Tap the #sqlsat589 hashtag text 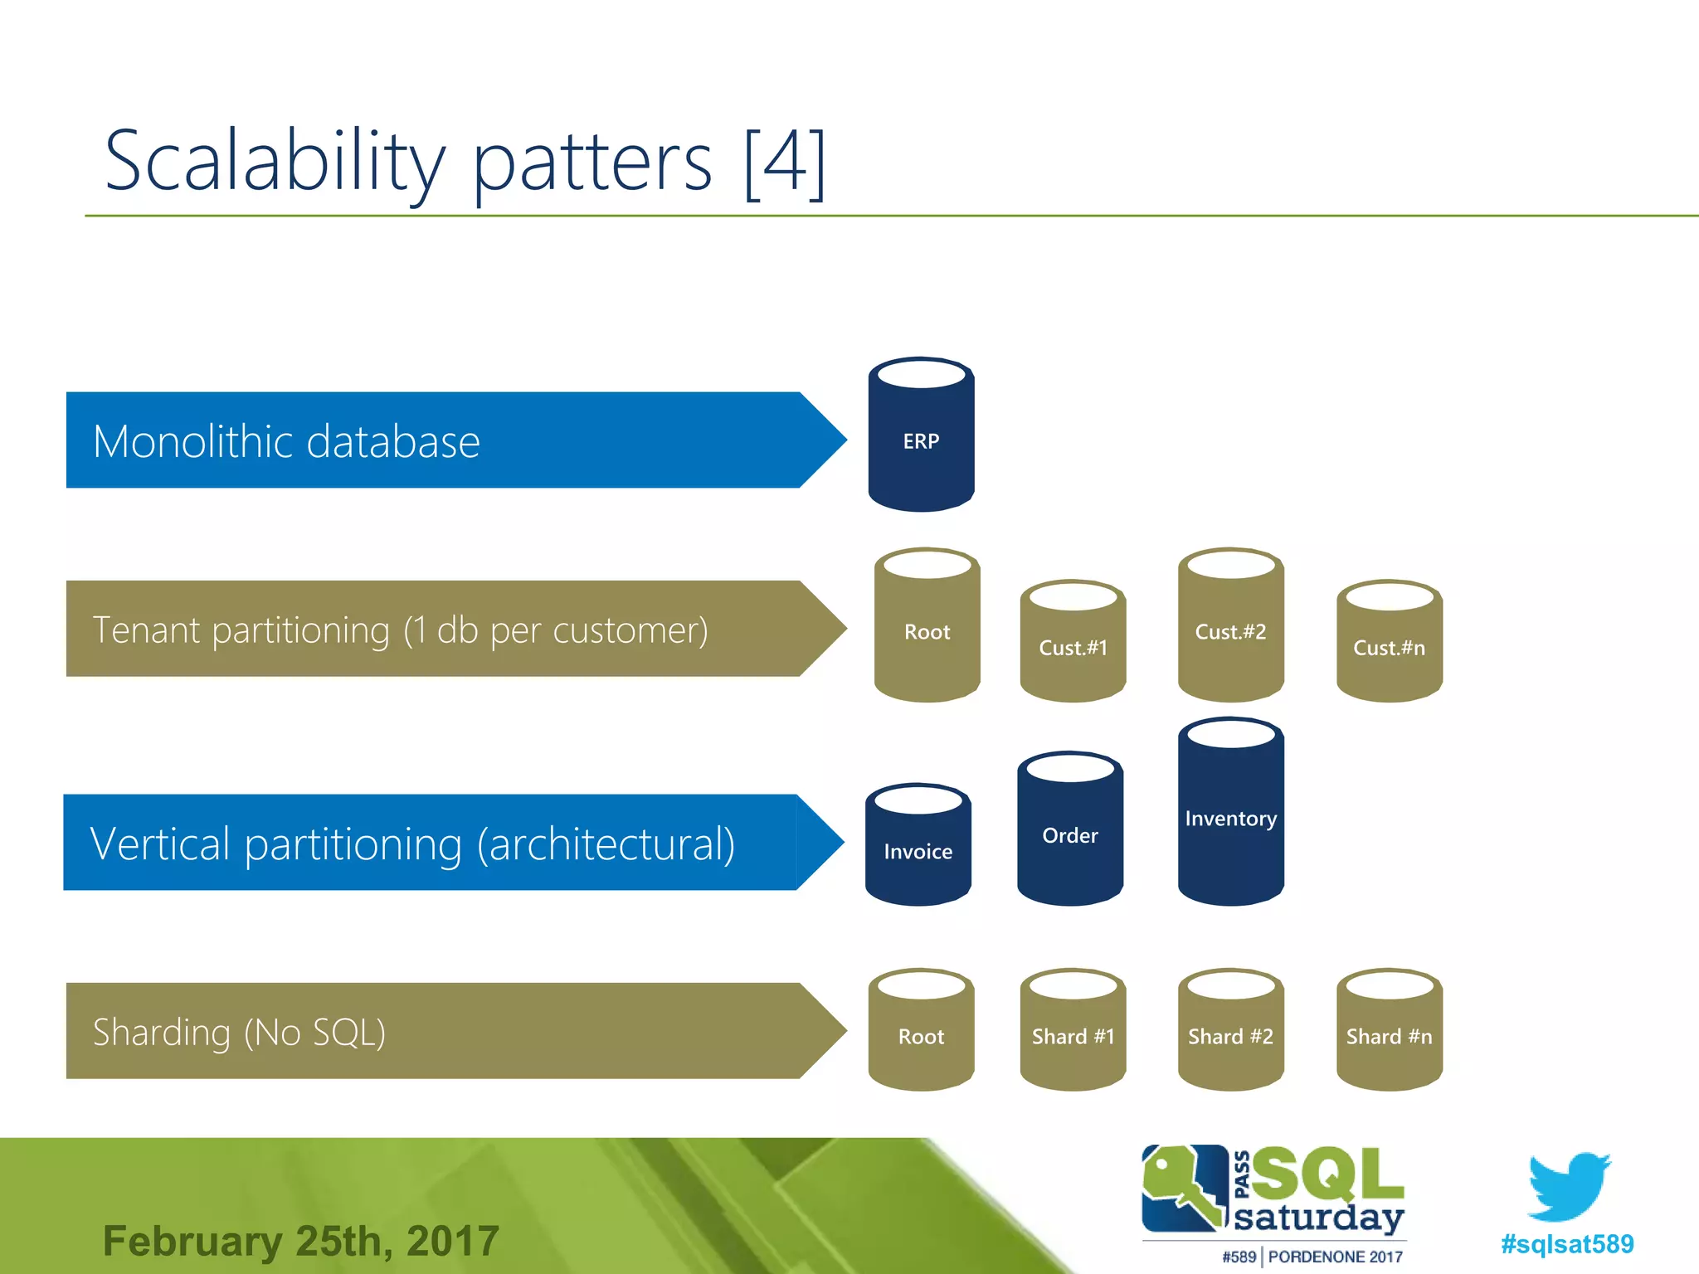click(1567, 1244)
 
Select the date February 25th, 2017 click(301, 1242)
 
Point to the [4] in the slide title click(784, 163)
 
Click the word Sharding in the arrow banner click(162, 1033)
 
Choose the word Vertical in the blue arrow click(159, 844)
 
